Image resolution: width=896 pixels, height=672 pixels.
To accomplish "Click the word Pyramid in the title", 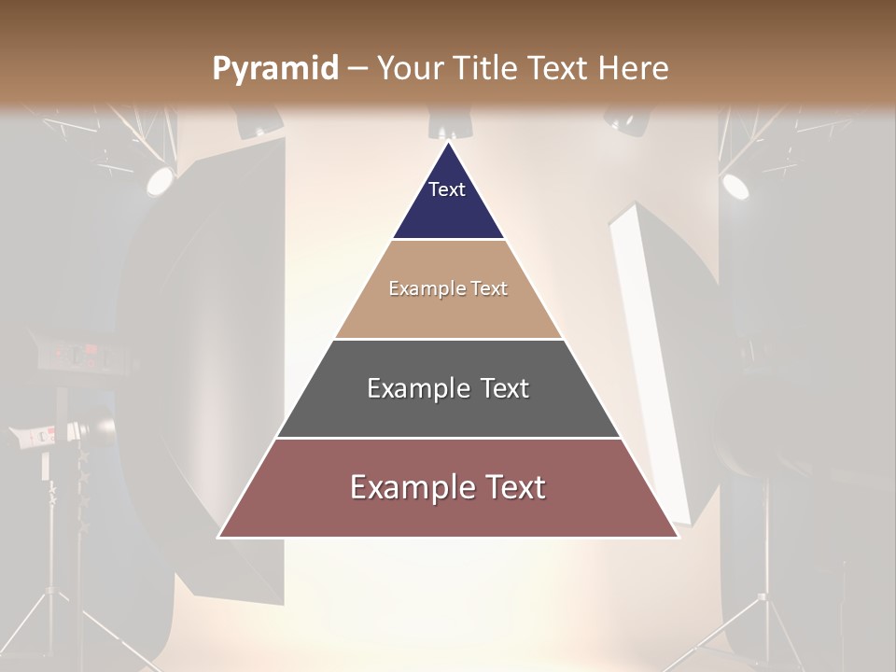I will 274,69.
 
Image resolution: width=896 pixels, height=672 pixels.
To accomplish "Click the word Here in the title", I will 634,69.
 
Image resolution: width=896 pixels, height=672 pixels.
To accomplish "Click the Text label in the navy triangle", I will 447,189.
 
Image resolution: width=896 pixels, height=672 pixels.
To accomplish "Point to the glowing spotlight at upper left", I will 159,179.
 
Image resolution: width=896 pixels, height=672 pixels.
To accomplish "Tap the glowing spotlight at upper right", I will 735,185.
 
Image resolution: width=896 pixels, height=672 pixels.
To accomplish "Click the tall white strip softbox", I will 653,355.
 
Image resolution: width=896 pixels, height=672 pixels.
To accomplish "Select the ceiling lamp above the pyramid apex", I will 450,123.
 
